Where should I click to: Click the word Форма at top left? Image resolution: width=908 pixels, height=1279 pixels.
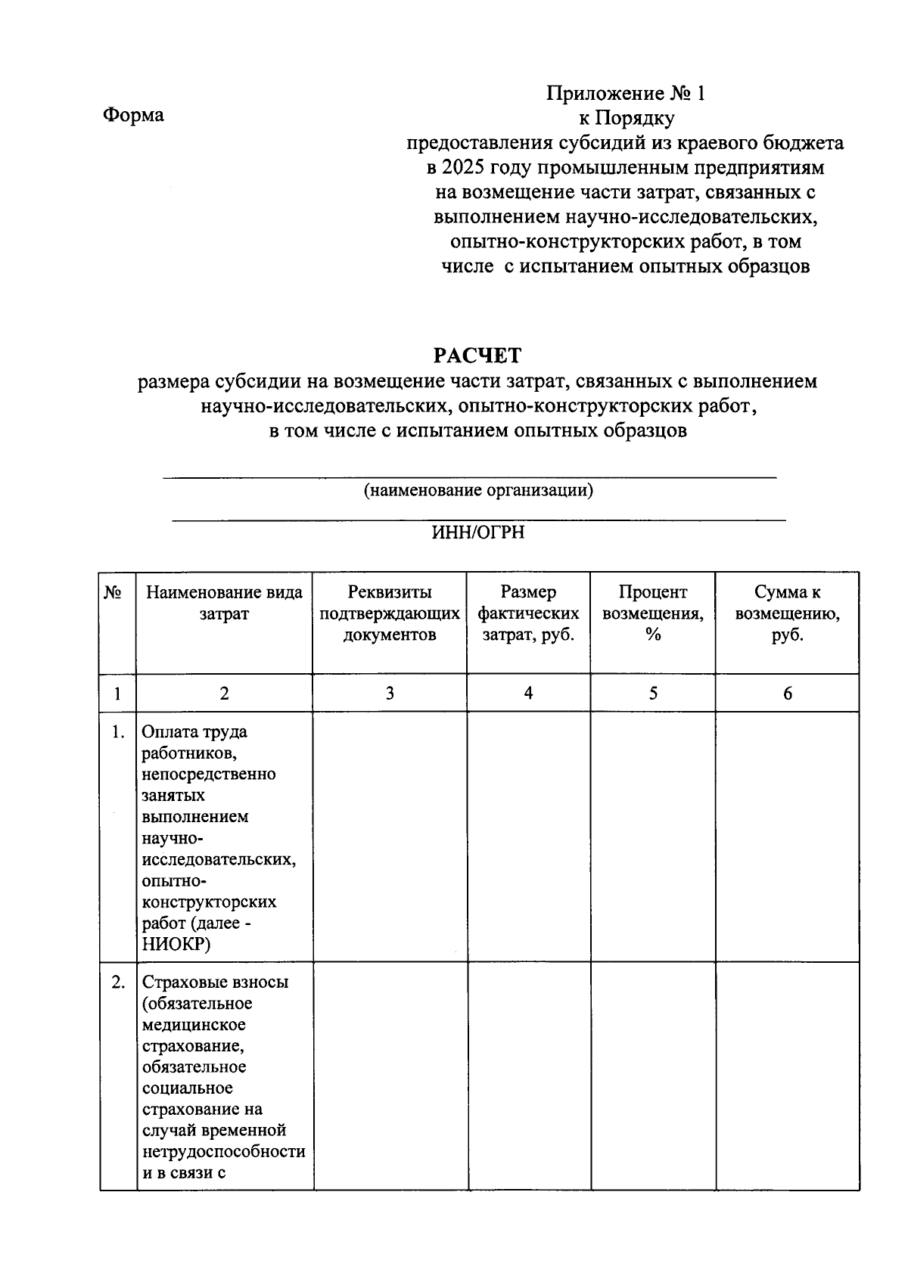(x=133, y=115)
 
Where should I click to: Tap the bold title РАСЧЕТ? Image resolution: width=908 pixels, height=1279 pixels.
(x=477, y=355)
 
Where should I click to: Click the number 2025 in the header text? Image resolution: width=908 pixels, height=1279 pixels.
(x=463, y=167)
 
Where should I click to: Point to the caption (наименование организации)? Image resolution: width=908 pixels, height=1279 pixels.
(x=478, y=490)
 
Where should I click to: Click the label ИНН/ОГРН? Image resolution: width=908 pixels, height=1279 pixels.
(x=477, y=532)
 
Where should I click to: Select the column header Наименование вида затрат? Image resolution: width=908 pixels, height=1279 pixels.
(x=224, y=603)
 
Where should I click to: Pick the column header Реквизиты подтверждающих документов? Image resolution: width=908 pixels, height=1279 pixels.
(x=389, y=613)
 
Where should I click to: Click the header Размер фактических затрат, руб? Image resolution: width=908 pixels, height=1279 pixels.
(x=528, y=613)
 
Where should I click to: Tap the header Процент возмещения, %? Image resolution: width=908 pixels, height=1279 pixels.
(x=652, y=613)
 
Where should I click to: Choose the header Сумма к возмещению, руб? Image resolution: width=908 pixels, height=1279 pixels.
(x=787, y=613)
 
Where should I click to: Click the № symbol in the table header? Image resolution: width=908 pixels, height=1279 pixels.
(x=113, y=593)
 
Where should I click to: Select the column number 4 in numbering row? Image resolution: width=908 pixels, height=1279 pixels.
(x=528, y=694)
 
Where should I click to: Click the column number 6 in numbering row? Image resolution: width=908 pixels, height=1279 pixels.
(x=787, y=694)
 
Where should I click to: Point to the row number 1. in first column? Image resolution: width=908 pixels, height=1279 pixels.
(x=117, y=732)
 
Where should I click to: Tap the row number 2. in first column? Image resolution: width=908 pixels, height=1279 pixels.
(x=117, y=983)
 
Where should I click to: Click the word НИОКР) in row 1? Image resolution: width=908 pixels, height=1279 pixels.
(x=176, y=945)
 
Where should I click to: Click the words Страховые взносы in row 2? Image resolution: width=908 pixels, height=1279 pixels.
(x=215, y=983)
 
